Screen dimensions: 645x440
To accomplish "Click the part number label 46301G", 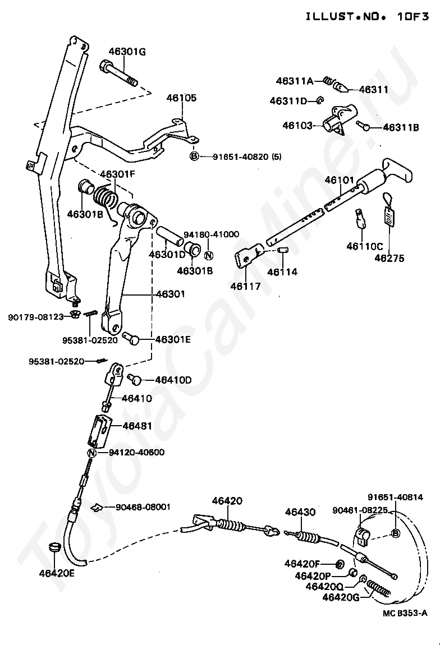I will pos(127,52).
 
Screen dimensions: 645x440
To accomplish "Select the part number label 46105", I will pos(181,98).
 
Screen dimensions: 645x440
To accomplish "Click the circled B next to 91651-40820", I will pos(194,156).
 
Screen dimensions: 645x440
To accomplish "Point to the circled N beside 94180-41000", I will pos(209,255).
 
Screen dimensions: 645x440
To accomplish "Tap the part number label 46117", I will pos(245,287).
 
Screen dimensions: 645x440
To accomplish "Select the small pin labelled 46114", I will pos(283,249).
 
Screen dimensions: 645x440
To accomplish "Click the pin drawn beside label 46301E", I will pos(131,338).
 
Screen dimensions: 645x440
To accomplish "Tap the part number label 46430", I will pos(300,512).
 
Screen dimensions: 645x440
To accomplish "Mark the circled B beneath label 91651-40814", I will pos(395,533).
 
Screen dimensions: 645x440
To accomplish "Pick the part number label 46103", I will pos(297,126).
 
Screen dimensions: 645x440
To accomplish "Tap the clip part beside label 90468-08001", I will pos(96,508).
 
